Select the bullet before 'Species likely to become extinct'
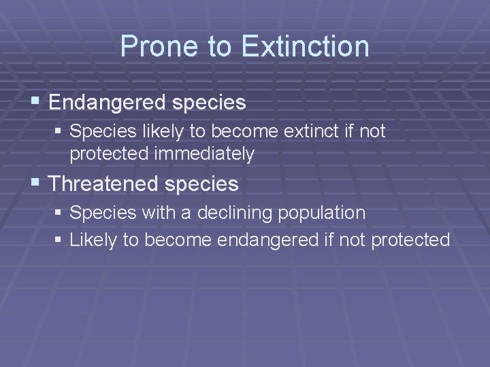click(x=59, y=131)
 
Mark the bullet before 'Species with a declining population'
click(x=59, y=213)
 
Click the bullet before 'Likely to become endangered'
click(x=59, y=240)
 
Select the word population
click(x=323, y=213)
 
